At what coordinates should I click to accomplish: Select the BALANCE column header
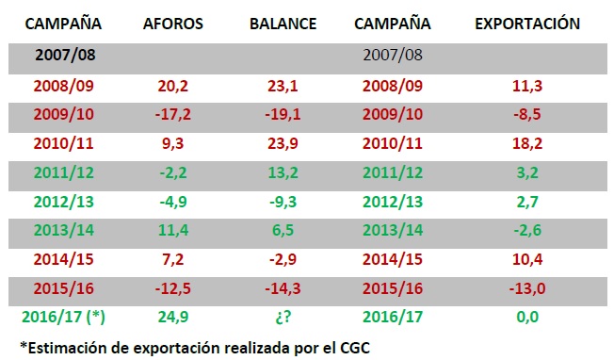tap(283, 23)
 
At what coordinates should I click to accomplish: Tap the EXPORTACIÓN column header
tap(526, 23)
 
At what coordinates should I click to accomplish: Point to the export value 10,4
tap(526, 258)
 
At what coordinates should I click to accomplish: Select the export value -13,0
tap(526, 287)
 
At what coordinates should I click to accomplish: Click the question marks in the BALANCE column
tap(283, 317)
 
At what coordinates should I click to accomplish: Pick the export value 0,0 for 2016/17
tap(526, 317)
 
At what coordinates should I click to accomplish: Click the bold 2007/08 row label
tap(65, 54)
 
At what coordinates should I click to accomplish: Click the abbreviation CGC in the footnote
tap(353, 346)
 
